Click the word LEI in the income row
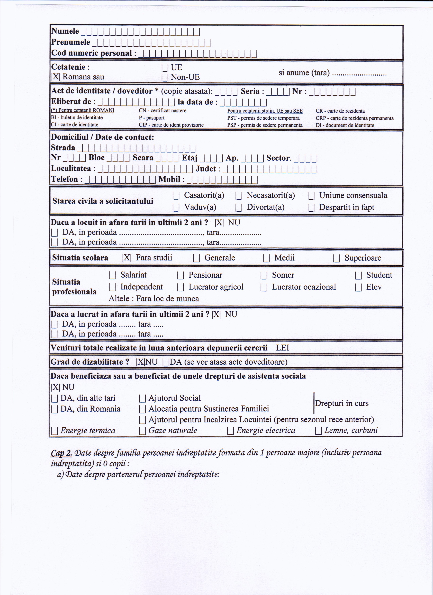coord(282,348)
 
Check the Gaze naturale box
coord(142,431)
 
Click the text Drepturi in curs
coord(341,403)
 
